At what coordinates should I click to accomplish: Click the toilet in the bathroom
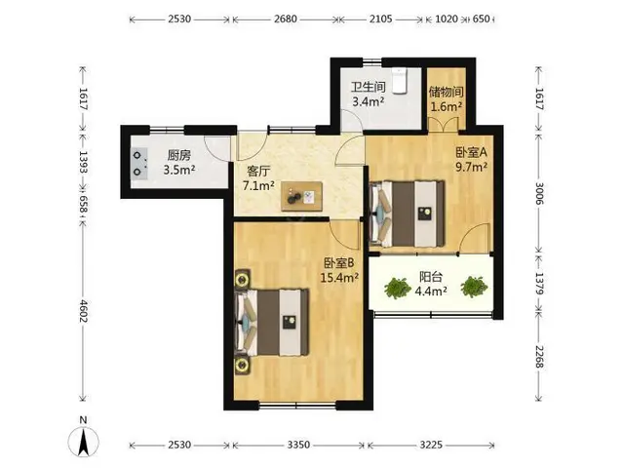click(x=399, y=81)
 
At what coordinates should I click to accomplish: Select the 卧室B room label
click(x=339, y=263)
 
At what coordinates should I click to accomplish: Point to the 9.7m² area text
click(x=472, y=167)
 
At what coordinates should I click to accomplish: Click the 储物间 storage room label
click(x=447, y=92)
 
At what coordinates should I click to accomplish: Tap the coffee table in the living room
click(x=301, y=196)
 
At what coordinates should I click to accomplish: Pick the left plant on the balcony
click(x=398, y=288)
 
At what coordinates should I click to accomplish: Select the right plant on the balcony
click(x=474, y=287)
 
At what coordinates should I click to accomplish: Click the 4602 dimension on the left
click(x=83, y=311)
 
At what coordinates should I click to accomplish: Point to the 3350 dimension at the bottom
click(x=298, y=445)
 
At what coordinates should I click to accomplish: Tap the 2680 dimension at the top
click(x=286, y=19)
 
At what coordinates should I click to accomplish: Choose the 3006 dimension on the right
click(x=539, y=193)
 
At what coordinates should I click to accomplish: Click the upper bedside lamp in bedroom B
click(x=242, y=281)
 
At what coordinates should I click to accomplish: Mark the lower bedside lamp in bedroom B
click(x=242, y=365)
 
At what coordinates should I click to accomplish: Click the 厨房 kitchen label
click(x=179, y=155)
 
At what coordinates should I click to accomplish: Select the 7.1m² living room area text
click(x=258, y=185)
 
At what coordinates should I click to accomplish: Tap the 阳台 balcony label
click(x=431, y=277)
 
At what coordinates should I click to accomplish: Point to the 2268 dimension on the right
click(x=539, y=356)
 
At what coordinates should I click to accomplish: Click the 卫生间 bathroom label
click(x=369, y=87)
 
